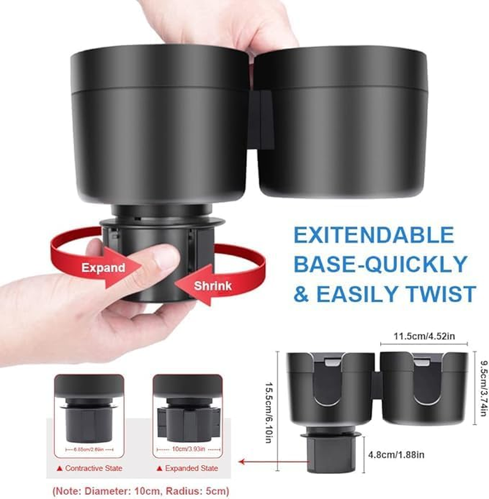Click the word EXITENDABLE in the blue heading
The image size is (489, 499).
[374, 235]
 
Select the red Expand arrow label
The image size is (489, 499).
[104, 268]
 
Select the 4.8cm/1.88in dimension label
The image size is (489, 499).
[395, 454]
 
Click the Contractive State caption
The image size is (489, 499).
[89, 468]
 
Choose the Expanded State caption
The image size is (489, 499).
[187, 468]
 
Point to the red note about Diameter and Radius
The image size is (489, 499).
[142, 490]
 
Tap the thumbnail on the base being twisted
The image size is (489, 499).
[166, 257]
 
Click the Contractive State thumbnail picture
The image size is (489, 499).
[89, 415]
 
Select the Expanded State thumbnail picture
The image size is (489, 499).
[187, 415]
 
